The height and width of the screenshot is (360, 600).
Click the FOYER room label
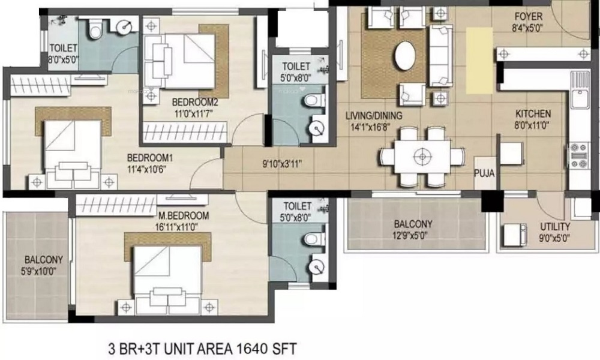(x=529, y=17)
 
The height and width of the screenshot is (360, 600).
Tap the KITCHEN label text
(x=533, y=113)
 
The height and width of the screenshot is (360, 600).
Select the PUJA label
(x=484, y=173)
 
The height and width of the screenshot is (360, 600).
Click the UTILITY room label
(x=555, y=226)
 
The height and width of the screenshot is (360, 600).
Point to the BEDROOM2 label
(x=195, y=102)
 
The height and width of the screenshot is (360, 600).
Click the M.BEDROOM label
(x=184, y=216)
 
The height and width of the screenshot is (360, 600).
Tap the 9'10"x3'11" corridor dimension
(x=282, y=164)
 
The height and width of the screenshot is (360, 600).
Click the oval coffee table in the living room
(x=405, y=55)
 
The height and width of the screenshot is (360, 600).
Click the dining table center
(x=422, y=157)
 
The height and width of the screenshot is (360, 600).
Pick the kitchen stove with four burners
(x=578, y=155)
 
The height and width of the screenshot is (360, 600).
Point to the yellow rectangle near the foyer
(x=479, y=61)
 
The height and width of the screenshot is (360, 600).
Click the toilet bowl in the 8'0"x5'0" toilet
(x=95, y=29)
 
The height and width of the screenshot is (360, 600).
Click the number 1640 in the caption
(x=252, y=349)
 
